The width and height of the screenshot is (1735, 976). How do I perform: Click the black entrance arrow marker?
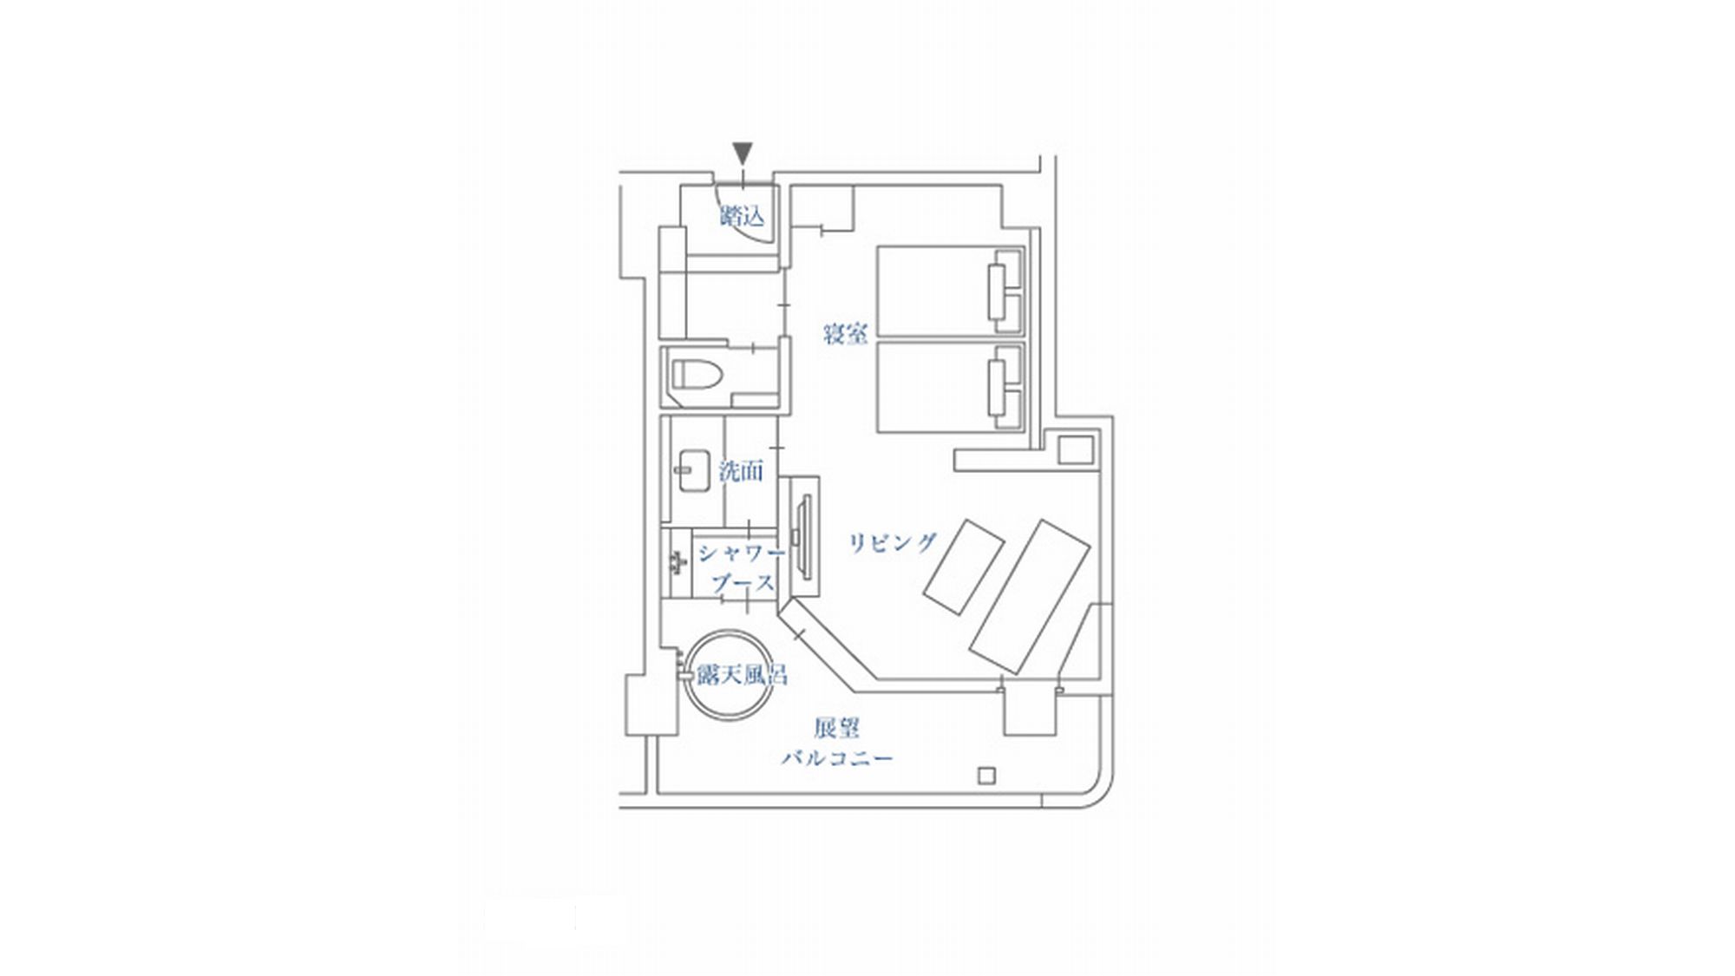[x=743, y=153]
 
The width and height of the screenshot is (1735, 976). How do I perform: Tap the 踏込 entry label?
[x=743, y=215]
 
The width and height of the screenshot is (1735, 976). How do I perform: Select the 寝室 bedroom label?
[x=845, y=333]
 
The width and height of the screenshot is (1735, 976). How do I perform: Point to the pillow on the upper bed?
[x=997, y=291]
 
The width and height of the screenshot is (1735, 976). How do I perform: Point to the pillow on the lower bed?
[x=997, y=387]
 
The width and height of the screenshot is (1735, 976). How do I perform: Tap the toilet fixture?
[x=697, y=375]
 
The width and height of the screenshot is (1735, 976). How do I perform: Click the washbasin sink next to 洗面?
[x=694, y=470]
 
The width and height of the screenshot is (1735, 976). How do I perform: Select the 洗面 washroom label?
[x=741, y=471]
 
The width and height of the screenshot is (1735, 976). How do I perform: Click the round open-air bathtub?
[x=730, y=676]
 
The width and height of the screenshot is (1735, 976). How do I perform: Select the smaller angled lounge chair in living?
[x=963, y=567]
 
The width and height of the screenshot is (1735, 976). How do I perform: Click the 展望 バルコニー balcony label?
[x=837, y=742]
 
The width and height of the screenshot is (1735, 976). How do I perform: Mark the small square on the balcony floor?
[x=986, y=776]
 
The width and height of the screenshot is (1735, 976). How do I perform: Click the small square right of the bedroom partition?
[x=1076, y=450]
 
